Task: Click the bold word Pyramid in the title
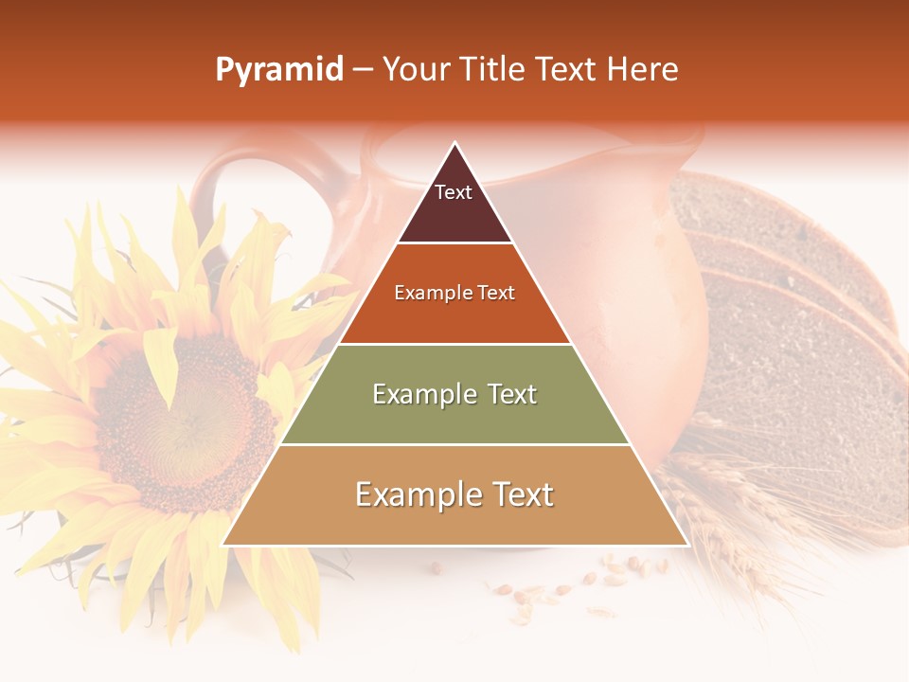tap(278, 70)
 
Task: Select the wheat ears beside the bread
tap(729, 511)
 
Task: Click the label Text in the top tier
tap(453, 192)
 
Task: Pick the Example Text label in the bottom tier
tap(454, 494)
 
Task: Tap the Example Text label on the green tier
tap(454, 394)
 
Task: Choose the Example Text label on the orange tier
tap(454, 293)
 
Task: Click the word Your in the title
tap(417, 69)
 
